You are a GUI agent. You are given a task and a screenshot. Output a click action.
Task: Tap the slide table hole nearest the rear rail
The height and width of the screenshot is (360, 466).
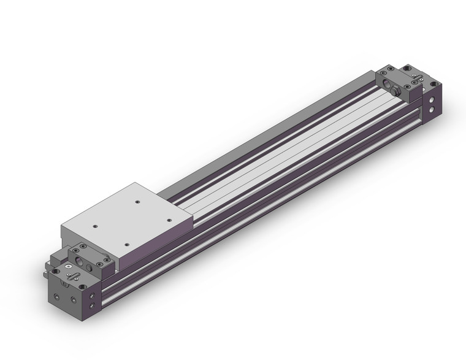coord(137,200)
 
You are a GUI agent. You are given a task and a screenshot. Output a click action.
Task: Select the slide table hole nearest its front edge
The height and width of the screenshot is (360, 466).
coord(127,244)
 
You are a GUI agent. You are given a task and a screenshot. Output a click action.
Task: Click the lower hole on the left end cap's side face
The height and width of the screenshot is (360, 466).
coord(93,305)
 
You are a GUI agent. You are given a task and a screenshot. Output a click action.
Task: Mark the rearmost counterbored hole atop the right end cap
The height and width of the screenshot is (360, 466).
coord(405,69)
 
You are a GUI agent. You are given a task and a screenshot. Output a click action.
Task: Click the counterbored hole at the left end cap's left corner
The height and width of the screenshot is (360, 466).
coord(56,270)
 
